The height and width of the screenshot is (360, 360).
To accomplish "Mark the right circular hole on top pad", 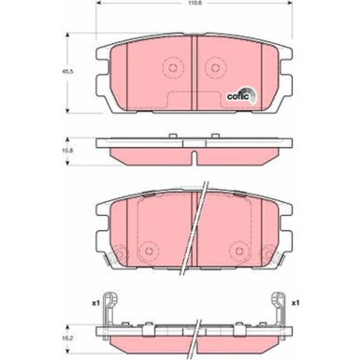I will point(213,68).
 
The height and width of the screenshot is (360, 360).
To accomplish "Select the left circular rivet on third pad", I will point(121,253).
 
